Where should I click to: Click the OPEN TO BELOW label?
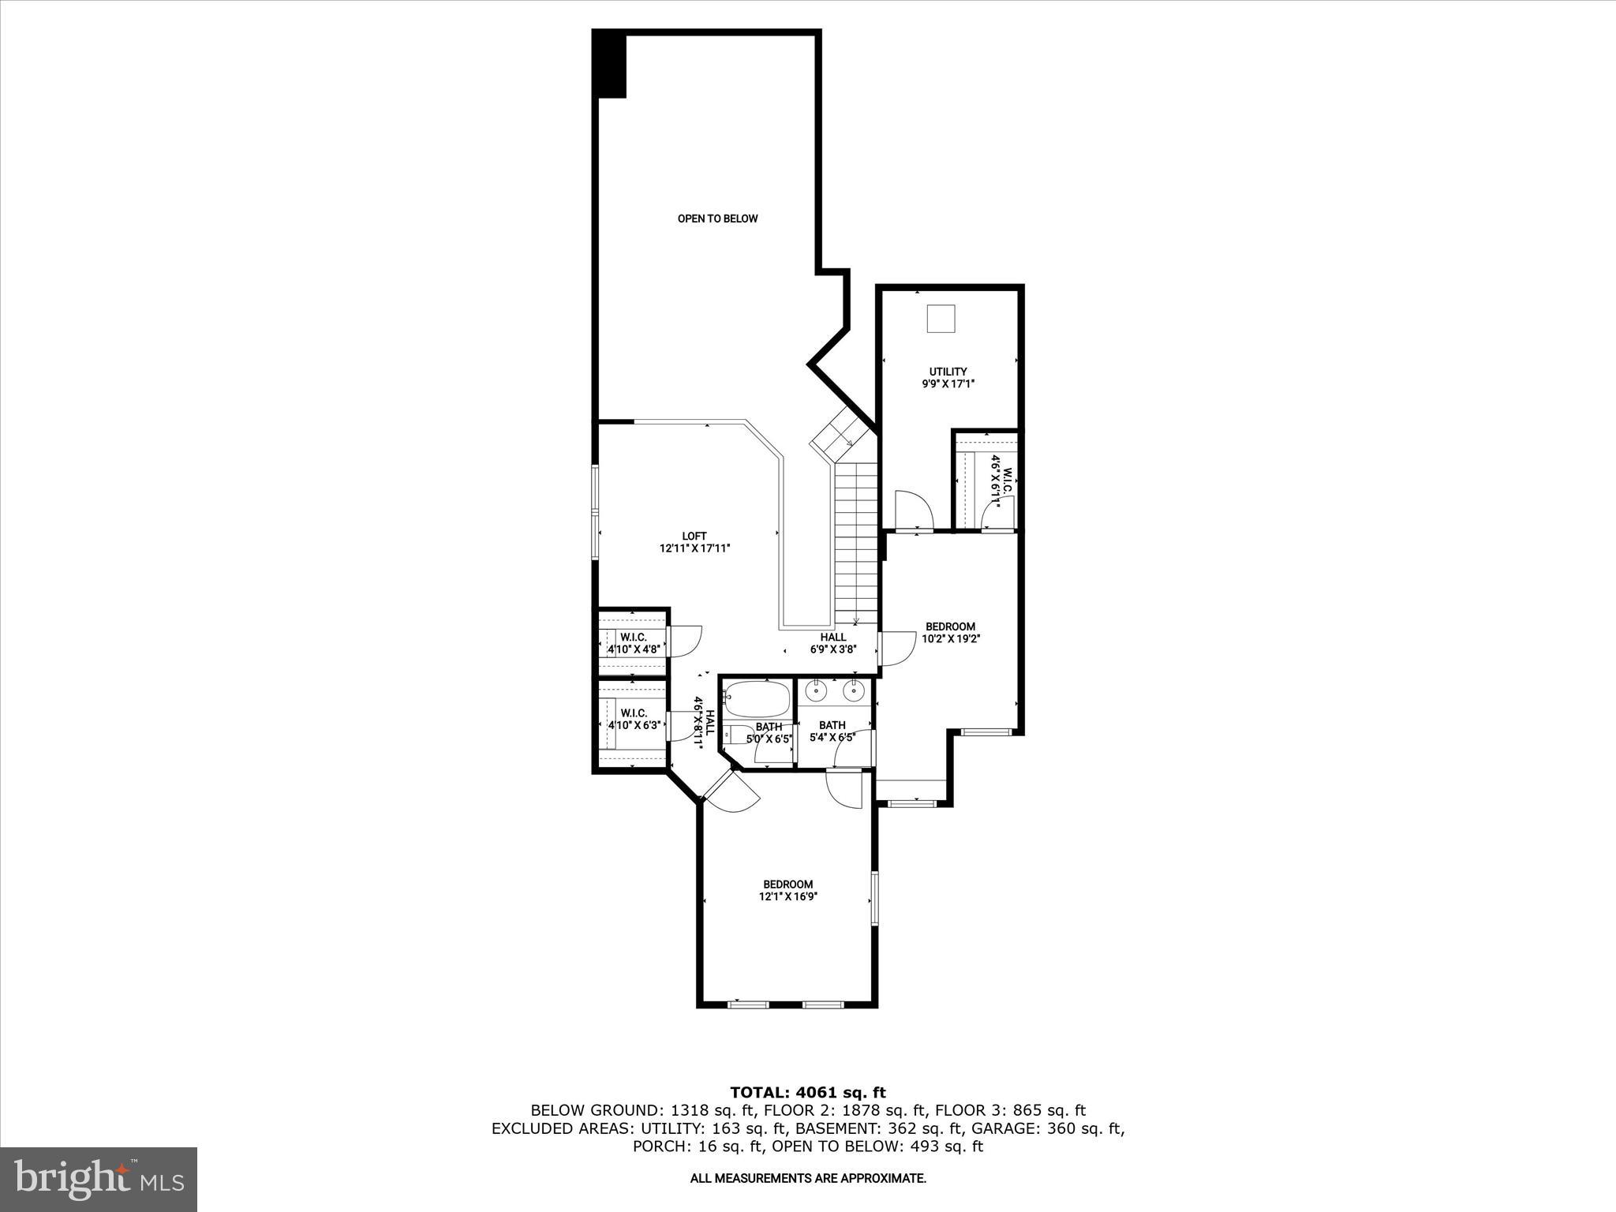[x=717, y=219]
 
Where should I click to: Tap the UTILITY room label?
[x=948, y=372]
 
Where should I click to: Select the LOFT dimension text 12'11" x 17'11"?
[x=694, y=548]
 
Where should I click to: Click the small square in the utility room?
[x=941, y=320]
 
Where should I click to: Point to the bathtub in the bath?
[x=757, y=698]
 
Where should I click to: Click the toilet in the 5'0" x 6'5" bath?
[x=739, y=734]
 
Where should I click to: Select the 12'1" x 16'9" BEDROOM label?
[x=787, y=890]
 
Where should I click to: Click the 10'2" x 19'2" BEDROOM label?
[x=950, y=632]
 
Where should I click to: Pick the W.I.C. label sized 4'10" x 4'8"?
[x=634, y=643]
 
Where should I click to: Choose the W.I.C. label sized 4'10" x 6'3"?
[x=634, y=719]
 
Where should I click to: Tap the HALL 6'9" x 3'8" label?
[x=832, y=643]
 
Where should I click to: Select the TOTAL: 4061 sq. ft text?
[x=807, y=1093]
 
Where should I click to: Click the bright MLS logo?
[x=99, y=1179]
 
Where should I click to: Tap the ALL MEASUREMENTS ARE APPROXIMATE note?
[x=807, y=1178]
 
